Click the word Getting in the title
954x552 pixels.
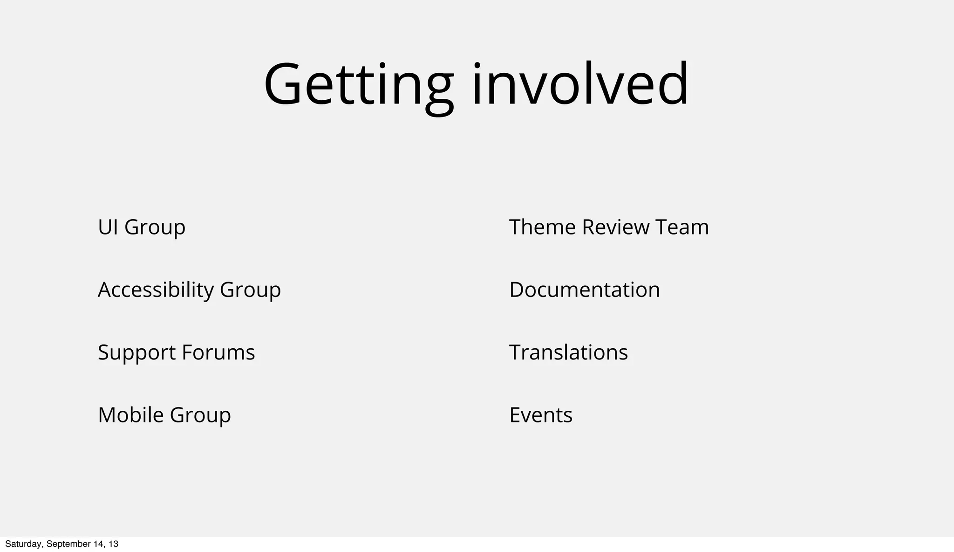tap(358, 85)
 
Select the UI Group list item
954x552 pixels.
tap(142, 228)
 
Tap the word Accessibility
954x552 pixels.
tap(156, 290)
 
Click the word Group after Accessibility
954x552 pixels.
tap(250, 290)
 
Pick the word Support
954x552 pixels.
tap(136, 353)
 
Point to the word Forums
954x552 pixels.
tap(218, 352)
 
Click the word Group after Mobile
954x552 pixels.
tap(200, 415)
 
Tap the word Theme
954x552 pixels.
tap(542, 228)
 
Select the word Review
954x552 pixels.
tap(615, 228)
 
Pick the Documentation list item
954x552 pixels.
tap(585, 290)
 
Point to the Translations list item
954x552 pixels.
tap(568, 352)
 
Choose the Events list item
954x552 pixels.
tap(541, 415)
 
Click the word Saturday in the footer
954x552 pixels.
tap(24, 544)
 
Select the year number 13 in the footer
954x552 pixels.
tap(113, 544)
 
